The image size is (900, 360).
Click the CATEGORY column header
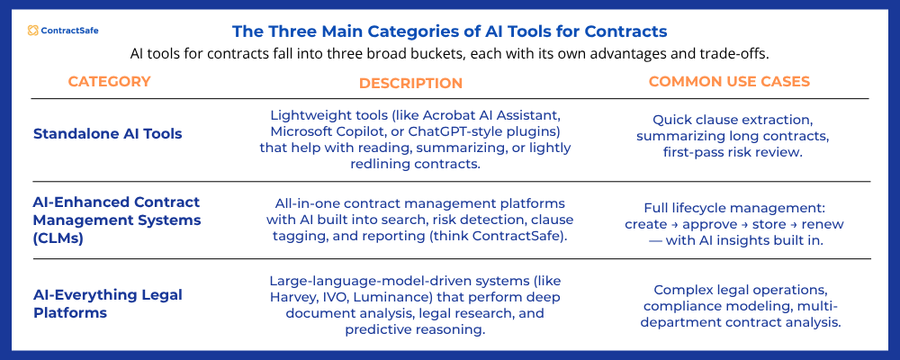click(x=109, y=82)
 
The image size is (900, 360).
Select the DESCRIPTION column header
click(x=410, y=83)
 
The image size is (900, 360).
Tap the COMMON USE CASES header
click(x=729, y=82)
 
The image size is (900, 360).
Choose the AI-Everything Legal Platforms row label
click(x=107, y=304)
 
